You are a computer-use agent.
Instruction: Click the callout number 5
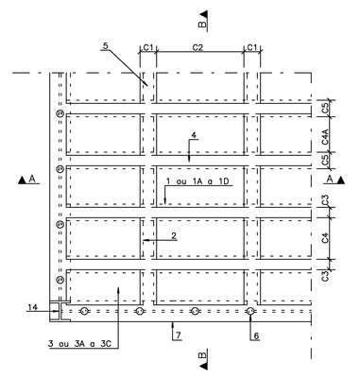pos(105,45)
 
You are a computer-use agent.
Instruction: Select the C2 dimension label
pos(197,47)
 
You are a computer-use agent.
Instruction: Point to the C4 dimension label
pos(326,238)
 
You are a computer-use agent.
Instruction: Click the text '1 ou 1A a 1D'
pos(198,181)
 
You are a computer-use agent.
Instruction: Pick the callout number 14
pos(33,307)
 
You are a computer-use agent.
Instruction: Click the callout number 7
pos(179,335)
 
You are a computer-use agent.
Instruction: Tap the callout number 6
pos(256,336)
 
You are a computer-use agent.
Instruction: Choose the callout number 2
pos(174,235)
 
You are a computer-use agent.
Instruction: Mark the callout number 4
pos(194,135)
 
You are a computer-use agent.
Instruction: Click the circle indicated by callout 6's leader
pos(250,312)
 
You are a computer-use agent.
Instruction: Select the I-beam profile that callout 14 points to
pos(60,311)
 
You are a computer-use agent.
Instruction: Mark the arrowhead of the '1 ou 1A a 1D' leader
pos(164,201)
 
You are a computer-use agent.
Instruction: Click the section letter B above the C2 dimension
pos(203,25)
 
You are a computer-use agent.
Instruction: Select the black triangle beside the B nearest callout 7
pos(203,366)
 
